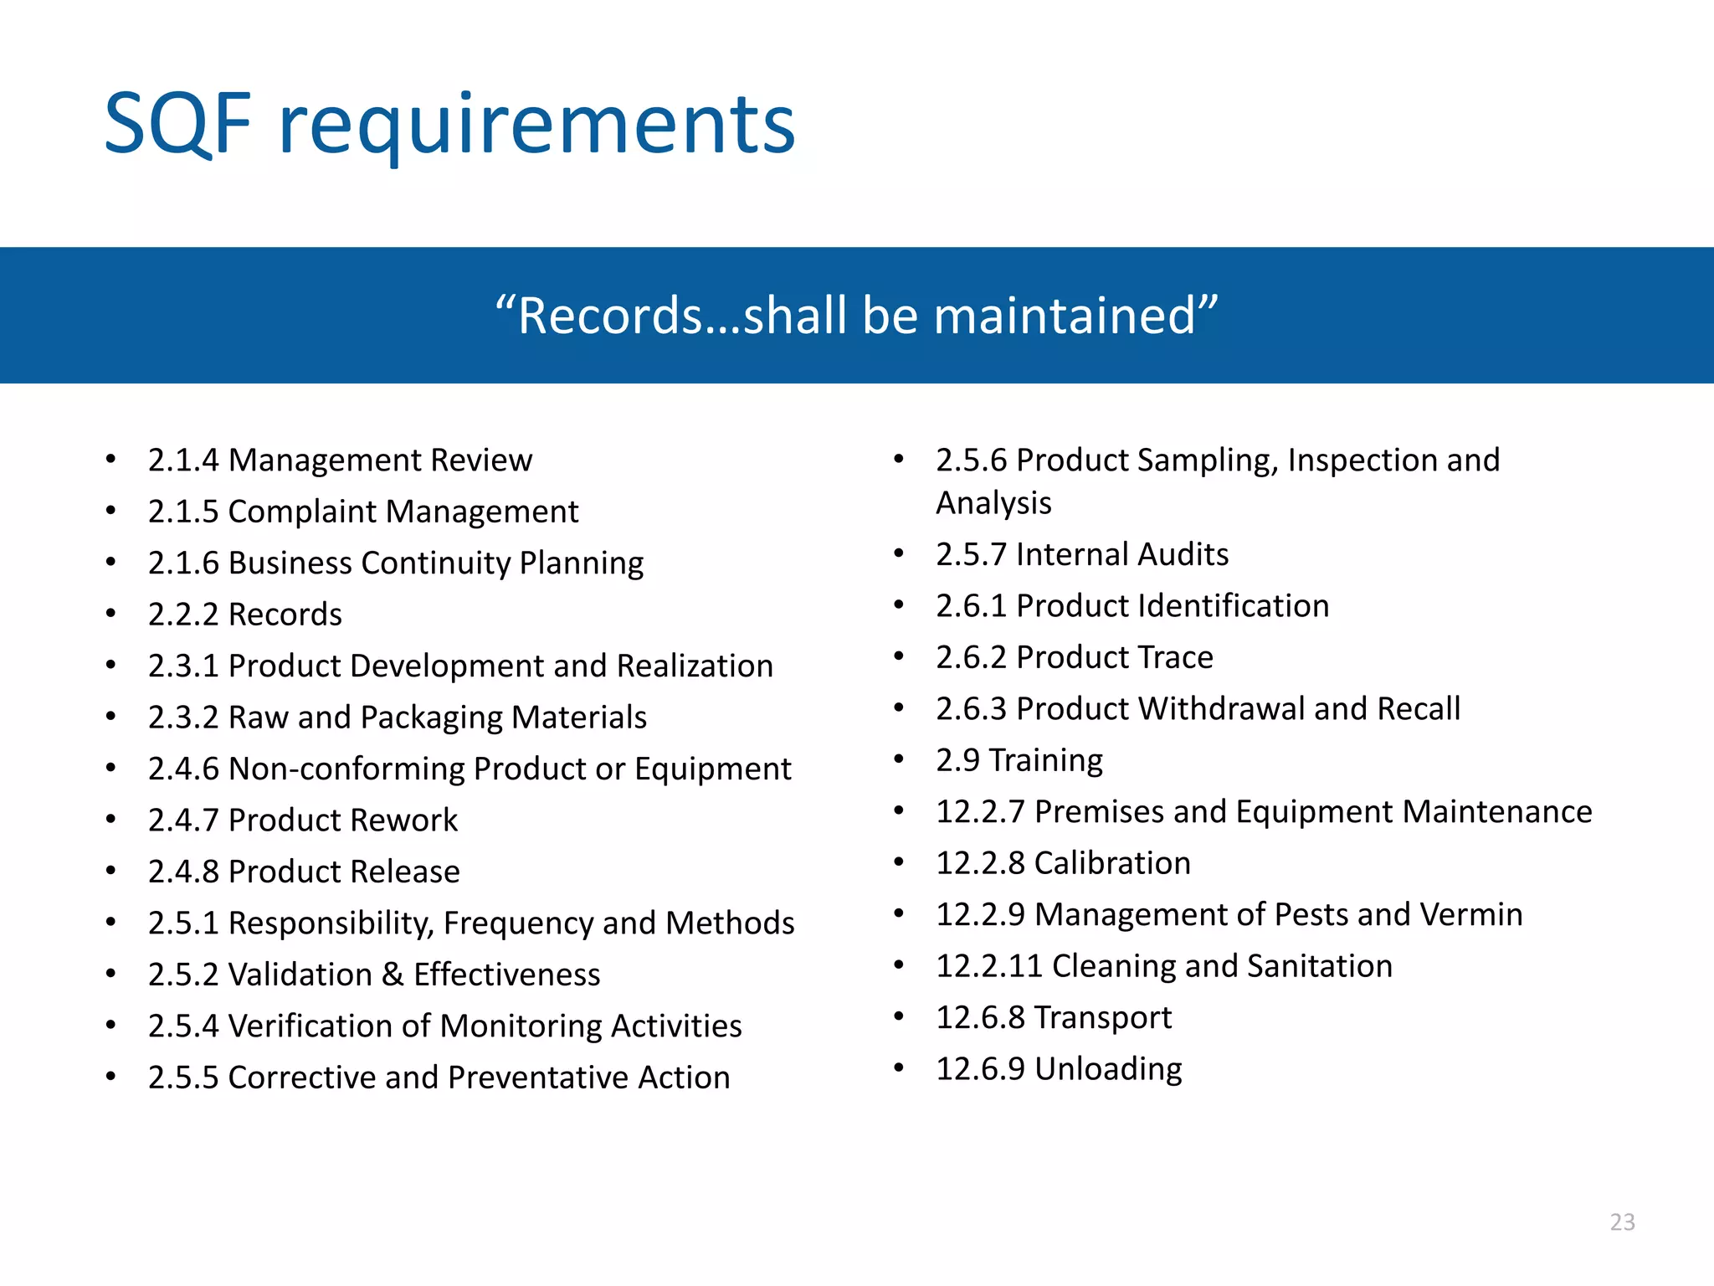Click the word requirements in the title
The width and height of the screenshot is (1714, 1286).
[x=536, y=126]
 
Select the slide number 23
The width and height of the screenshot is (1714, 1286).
[x=1622, y=1222]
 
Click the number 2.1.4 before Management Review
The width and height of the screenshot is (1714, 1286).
[x=183, y=460]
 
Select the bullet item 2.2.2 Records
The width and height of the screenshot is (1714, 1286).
[x=244, y=615]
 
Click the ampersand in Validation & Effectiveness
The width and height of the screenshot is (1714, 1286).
[x=392, y=975]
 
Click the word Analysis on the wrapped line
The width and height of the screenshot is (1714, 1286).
[x=993, y=503]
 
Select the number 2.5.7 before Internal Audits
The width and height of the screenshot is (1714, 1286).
[x=971, y=554]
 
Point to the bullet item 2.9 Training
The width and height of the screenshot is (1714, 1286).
[x=1019, y=760]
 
